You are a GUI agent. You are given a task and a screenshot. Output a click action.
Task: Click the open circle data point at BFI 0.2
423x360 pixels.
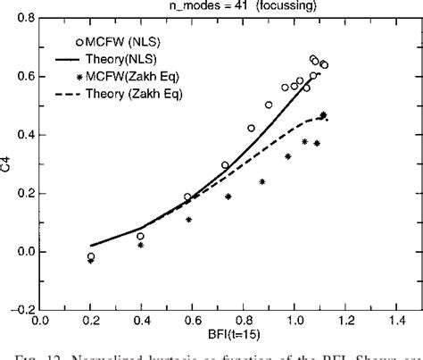(x=91, y=256)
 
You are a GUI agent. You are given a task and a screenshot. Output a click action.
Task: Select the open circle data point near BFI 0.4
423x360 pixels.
(x=140, y=236)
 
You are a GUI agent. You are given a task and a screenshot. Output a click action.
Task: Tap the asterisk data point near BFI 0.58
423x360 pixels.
(x=188, y=219)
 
